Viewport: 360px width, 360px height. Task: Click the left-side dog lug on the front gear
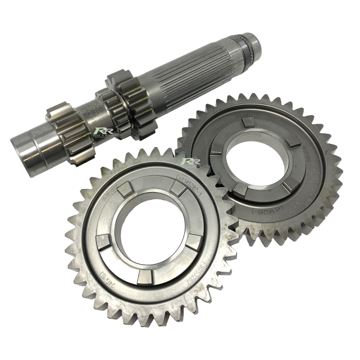point(101,242)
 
